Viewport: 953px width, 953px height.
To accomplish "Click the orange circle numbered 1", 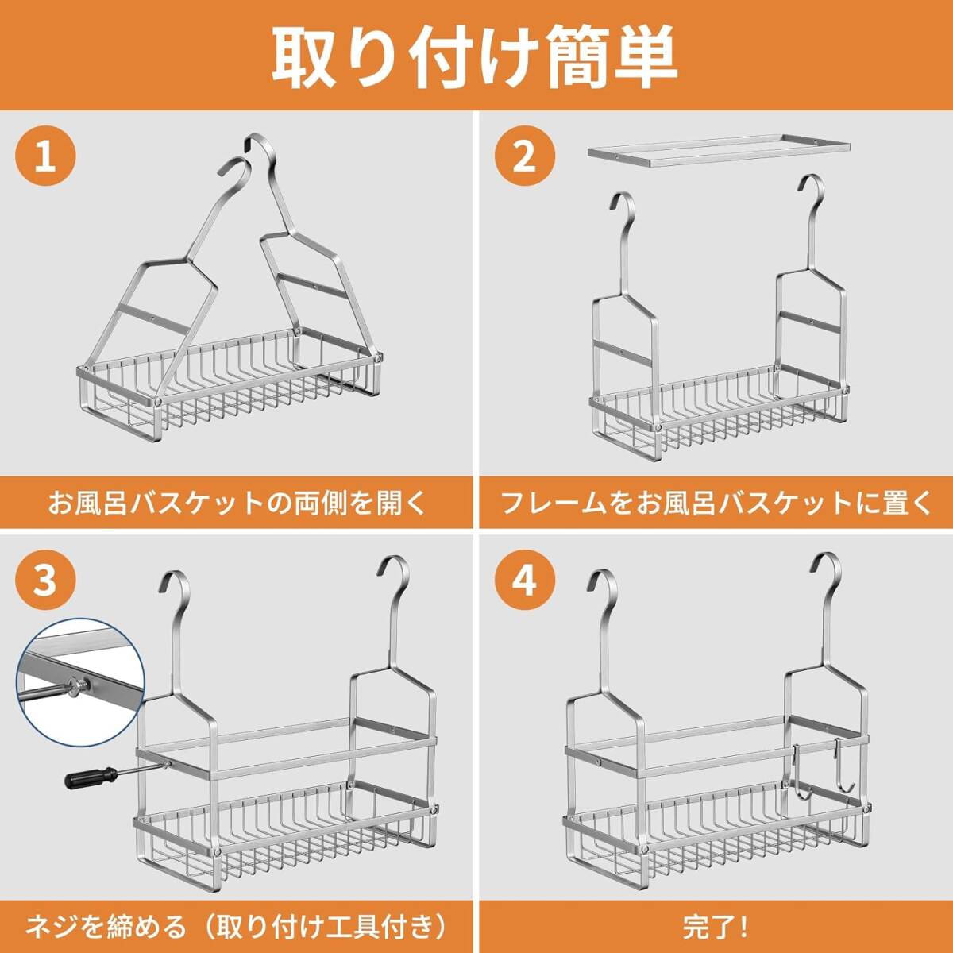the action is point(45,156).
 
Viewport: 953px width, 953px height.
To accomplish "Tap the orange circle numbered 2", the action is point(525,156).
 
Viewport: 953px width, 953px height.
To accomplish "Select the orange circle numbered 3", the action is point(45,581).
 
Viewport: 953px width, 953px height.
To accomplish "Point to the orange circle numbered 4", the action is point(525,581).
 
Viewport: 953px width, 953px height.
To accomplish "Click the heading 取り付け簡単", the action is point(475,56).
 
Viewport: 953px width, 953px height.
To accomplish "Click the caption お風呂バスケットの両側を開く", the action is point(237,503).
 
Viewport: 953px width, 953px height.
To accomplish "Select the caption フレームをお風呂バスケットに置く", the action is point(716,503).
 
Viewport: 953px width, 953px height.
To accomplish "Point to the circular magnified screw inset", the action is point(81,685).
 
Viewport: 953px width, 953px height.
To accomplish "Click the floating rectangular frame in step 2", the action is point(719,152).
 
